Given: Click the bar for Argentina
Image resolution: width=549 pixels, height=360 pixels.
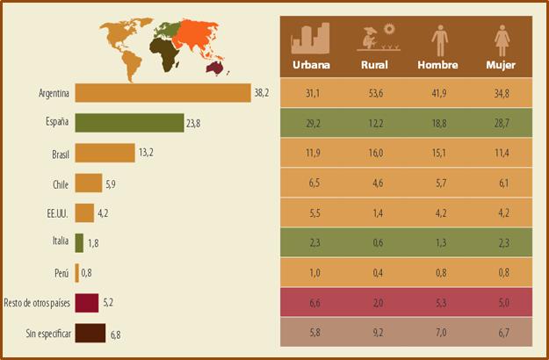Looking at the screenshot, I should (163, 93).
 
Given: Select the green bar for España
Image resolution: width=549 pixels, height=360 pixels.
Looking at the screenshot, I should (129, 123).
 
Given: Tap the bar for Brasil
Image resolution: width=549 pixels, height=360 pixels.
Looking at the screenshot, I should (105, 153).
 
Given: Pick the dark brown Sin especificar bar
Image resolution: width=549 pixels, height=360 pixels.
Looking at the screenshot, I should (90, 334).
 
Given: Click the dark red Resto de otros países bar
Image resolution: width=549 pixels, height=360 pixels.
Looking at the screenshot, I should (86, 304).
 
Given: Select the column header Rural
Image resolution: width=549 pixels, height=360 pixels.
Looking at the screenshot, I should (374, 65).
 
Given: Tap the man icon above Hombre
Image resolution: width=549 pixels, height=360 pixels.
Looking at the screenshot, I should (437, 40).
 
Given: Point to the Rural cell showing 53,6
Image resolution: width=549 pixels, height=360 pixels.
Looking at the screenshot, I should (374, 92).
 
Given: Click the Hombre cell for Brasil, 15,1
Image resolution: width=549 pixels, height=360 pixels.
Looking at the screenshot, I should (437, 153).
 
